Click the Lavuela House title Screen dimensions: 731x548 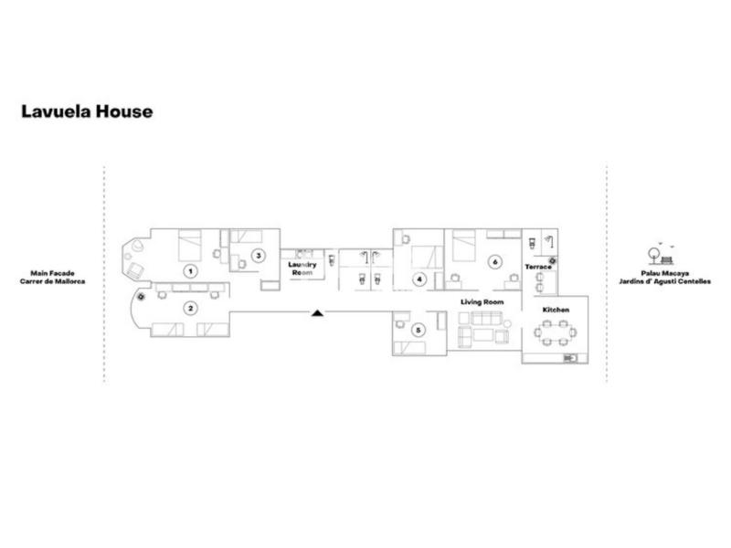(87, 111)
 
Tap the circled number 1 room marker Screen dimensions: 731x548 (190, 271)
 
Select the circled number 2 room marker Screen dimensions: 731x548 (190, 308)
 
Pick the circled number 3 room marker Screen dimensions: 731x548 (259, 256)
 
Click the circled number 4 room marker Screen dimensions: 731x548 (419, 279)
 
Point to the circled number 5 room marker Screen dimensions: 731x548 (418, 331)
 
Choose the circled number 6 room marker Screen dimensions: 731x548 (495, 262)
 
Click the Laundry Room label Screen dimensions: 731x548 (302, 269)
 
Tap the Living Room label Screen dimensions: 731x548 (482, 302)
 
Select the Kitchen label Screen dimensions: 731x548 (556, 310)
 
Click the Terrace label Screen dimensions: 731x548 (538, 267)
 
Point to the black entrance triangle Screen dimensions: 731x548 (317, 312)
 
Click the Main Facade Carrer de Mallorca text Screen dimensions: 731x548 (53, 278)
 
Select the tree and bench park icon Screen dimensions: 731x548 (661, 255)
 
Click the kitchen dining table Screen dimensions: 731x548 (556, 332)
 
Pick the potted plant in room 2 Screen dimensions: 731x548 (142, 296)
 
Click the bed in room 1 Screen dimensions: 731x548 (190, 245)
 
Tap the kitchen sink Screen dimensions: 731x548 (570, 358)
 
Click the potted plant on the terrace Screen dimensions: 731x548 (553, 261)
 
